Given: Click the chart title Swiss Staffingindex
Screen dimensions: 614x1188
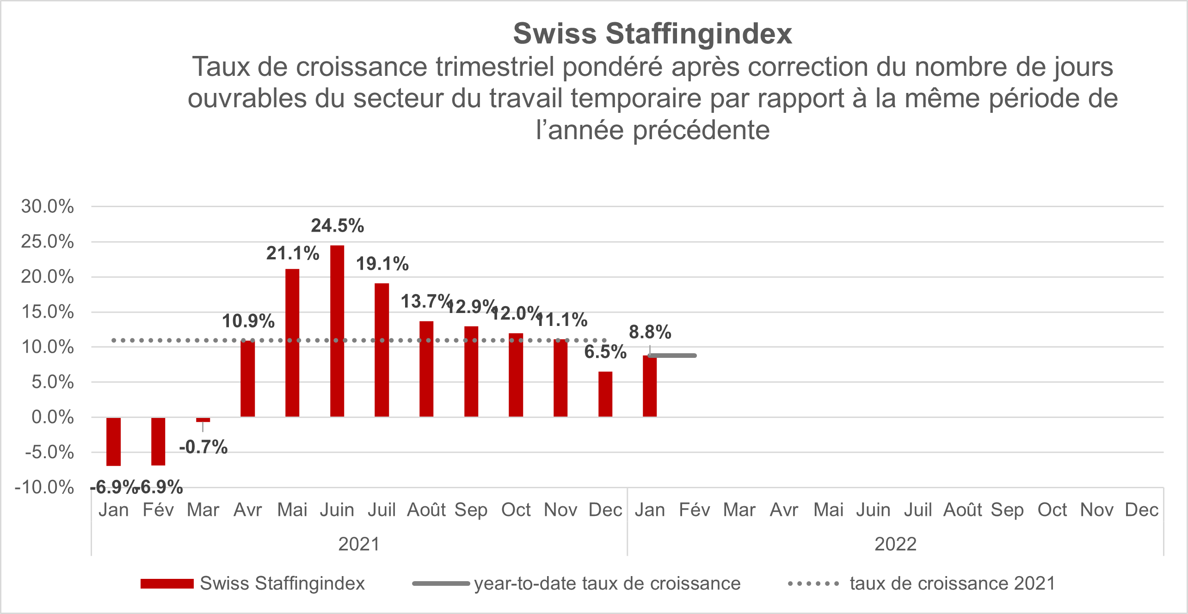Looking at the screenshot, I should click(652, 34).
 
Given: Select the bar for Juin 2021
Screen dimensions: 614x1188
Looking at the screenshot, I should click(337, 331).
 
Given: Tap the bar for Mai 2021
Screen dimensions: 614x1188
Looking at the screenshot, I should click(292, 343).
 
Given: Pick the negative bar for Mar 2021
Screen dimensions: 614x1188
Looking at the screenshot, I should click(203, 420).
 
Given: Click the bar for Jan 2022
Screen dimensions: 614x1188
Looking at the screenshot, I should click(650, 386).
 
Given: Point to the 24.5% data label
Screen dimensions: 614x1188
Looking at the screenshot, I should click(337, 226).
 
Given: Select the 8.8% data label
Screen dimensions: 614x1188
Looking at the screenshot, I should click(650, 332).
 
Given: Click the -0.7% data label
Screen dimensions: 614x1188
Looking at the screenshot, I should click(203, 447).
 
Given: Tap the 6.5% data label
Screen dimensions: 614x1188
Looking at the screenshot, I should click(605, 352).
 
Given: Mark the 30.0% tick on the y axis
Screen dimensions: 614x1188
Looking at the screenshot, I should click(47, 206).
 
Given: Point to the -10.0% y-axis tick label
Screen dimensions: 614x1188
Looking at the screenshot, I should click(44, 487).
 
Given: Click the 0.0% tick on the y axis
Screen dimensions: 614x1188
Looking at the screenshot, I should click(52, 417).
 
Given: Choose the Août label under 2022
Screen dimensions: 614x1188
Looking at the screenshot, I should click(963, 510).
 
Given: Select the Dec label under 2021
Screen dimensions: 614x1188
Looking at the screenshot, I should click(605, 510).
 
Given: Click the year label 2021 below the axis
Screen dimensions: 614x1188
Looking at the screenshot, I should click(359, 544).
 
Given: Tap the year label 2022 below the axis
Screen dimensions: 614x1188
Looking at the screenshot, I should click(895, 544).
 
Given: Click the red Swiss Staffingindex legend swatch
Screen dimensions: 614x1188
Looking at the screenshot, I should click(167, 583).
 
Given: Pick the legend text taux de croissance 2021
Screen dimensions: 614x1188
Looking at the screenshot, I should click(953, 583).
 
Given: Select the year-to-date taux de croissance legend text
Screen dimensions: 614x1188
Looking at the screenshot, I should click(607, 583).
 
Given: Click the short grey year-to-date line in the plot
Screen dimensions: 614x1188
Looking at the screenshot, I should click(673, 356).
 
